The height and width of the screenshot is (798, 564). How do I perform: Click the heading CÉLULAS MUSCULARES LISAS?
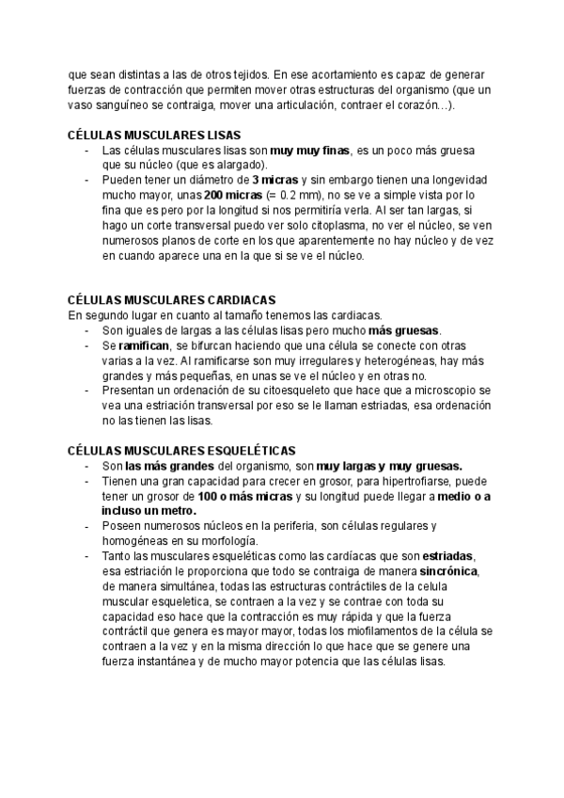pos(155,136)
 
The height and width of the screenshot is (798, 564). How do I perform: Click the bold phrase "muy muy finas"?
pos(309,151)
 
